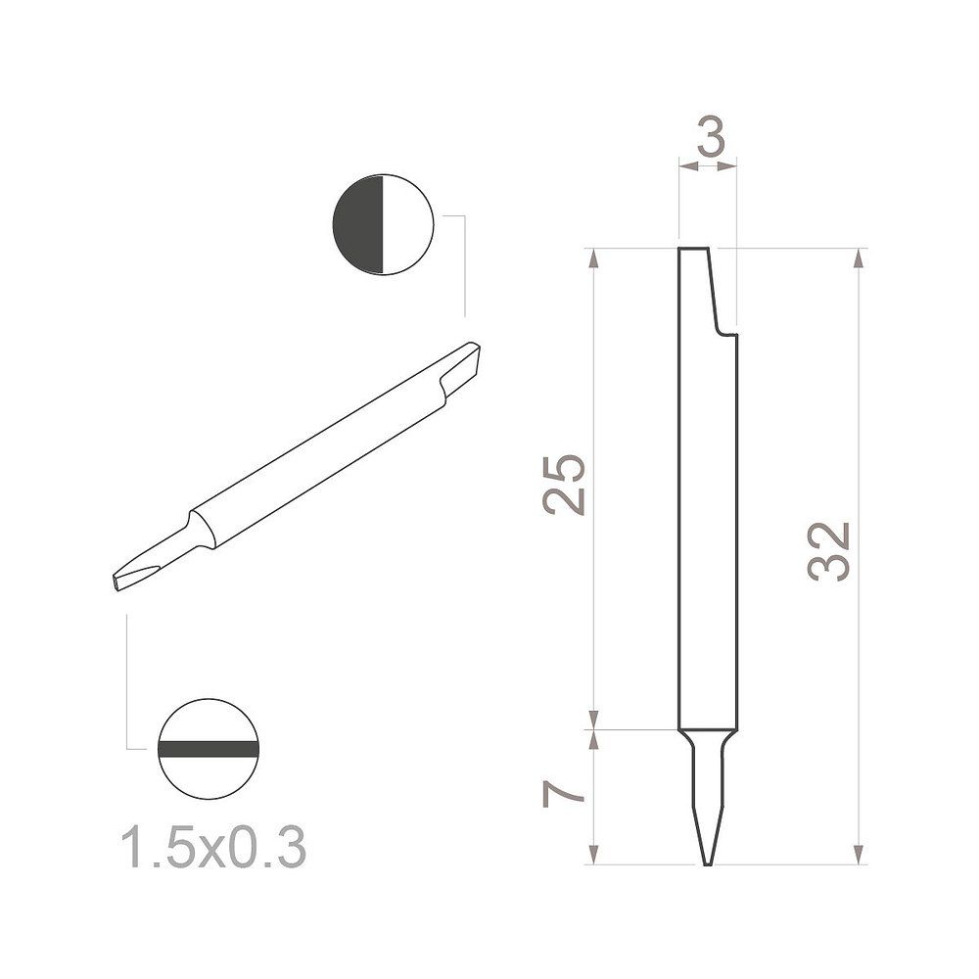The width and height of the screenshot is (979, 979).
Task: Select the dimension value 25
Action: click(566, 485)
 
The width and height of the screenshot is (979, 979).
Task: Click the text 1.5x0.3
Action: click(212, 848)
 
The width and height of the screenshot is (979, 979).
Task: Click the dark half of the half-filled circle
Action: click(359, 225)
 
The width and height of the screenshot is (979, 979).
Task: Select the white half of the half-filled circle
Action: click(406, 225)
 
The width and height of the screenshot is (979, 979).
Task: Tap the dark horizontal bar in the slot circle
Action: click(208, 749)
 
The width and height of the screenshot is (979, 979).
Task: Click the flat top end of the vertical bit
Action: click(694, 250)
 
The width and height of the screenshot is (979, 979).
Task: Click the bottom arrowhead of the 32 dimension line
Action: click(860, 856)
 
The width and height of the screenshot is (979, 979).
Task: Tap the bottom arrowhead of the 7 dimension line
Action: click(593, 856)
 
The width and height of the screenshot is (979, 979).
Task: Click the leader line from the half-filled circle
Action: click(464, 264)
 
